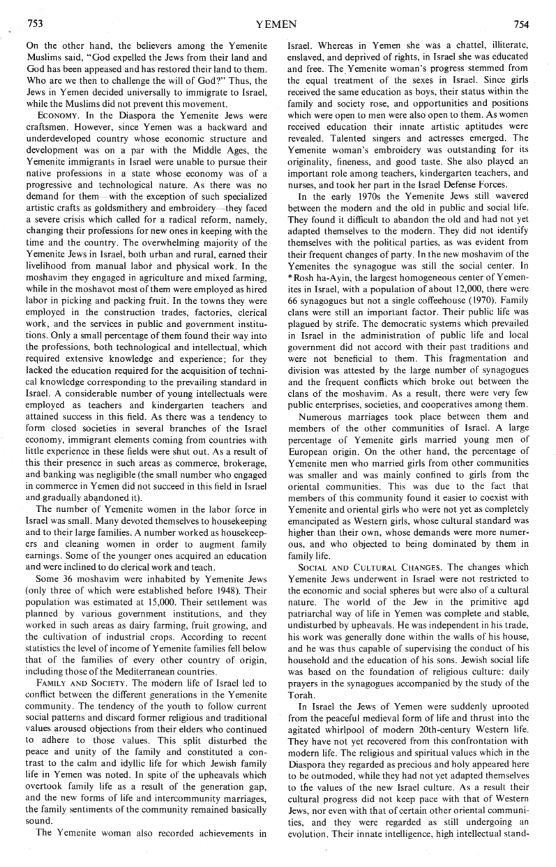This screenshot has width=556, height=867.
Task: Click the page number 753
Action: [x=35, y=22]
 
